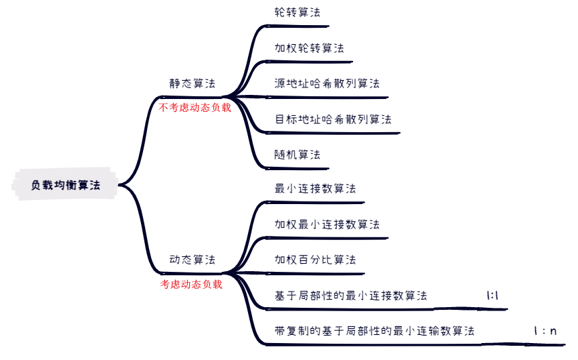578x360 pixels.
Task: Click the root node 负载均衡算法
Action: (x=66, y=184)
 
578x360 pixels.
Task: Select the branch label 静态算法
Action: (x=192, y=83)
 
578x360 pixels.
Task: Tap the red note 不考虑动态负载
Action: (x=195, y=107)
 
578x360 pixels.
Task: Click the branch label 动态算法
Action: (x=192, y=260)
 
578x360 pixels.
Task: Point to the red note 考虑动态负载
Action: (x=191, y=284)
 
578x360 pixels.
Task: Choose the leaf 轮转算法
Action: (x=297, y=12)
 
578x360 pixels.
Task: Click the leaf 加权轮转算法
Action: (x=309, y=48)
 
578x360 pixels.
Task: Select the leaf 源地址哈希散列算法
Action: (x=327, y=83)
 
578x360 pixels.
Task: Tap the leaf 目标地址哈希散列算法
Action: (x=333, y=119)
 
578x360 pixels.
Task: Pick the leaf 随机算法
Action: (x=297, y=154)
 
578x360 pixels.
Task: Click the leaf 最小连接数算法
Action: (x=315, y=188)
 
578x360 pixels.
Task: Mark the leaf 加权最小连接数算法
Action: (x=327, y=224)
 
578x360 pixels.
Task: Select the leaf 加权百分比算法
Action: (x=315, y=259)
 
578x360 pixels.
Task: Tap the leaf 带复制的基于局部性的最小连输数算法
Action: (x=374, y=330)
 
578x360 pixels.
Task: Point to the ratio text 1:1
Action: (x=493, y=295)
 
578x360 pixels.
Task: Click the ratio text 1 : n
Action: (x=545, y=331)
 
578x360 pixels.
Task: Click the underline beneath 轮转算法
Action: (x=298, y=26)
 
